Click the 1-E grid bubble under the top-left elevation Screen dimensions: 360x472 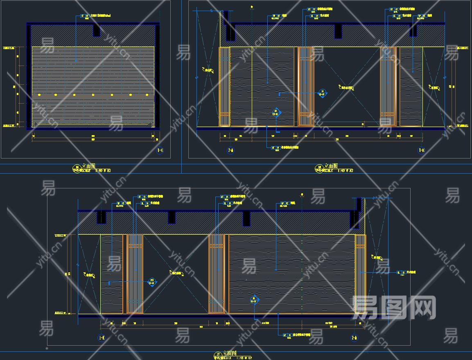[x=160, y=151]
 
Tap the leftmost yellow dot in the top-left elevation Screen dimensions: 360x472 [x=39, y=95]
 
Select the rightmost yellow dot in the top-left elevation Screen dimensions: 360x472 [x=147, y=95]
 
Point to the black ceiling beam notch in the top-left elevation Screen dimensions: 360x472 [x=97, y=29]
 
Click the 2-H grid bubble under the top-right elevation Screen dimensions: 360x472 [x=230, y=150]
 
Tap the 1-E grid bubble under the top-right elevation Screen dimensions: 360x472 [x=421, y=150]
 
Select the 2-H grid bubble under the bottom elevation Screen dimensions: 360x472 [x=354, y=338]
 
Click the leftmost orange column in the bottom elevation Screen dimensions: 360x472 [x=135, y=274]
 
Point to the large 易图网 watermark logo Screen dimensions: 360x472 [x=394, y=307]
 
